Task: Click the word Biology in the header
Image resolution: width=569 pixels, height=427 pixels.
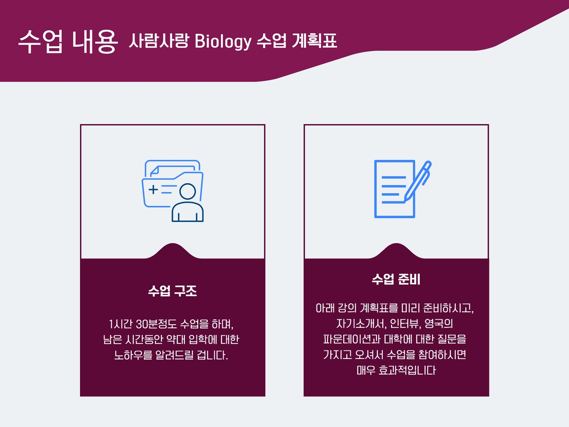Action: [223, 41]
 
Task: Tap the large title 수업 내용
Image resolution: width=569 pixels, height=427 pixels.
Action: [68, 41]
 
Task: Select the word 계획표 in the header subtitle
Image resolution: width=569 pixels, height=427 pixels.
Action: [314, 41]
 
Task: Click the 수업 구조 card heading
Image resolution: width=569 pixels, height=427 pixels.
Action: [172, 291]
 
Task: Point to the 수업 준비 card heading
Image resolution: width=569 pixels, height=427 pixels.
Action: [396, 279]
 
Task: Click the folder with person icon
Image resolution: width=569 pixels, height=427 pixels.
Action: [172, 191]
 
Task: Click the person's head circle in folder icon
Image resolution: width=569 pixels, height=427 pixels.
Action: [188, 191]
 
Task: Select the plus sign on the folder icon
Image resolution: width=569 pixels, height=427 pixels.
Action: [153, 189]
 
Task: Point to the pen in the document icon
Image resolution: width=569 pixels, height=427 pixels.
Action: [417, 181]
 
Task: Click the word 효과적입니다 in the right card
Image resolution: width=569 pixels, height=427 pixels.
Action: [407, 370]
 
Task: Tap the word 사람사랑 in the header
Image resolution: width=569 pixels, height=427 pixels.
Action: [158, 41]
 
